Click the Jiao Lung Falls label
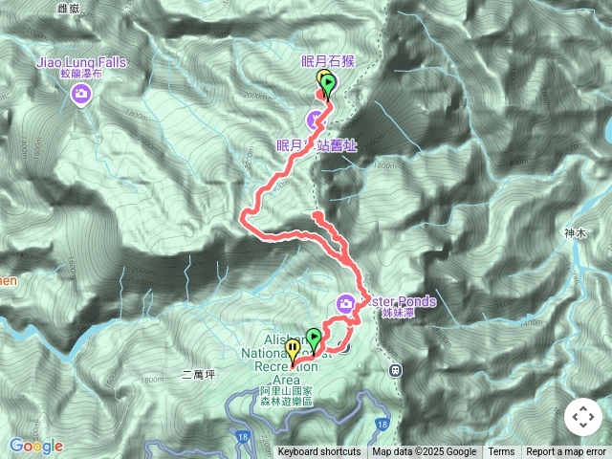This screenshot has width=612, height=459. [x=80, y=63]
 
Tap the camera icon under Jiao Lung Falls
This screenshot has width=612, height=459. [x=80, y=94]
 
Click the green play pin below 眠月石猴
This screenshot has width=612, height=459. [x=330, y=87]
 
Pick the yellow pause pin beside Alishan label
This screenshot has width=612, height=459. [x=293, y=350]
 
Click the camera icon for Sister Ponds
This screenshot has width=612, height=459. [x=345, y=305]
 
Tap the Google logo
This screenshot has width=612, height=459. [x=35, y=446]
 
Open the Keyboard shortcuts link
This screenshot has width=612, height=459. [x=319, y=452]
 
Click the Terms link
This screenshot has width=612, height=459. [x=501, y=452]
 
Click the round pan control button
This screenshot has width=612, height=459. [x=582, y=417]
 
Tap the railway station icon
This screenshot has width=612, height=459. [x=394, y=370]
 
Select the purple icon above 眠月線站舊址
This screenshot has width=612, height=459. [x=315, y=120]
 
